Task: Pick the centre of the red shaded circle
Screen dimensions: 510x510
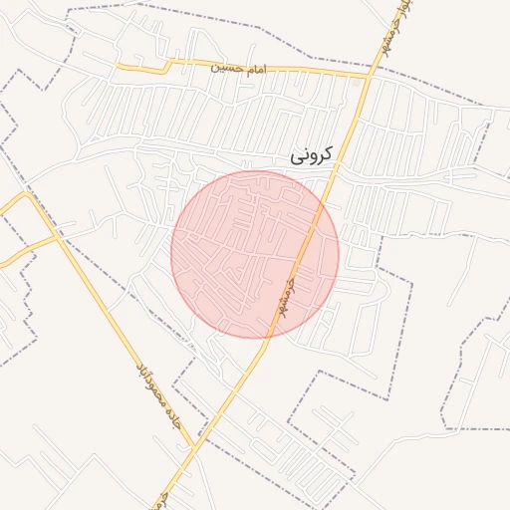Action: (255, 254)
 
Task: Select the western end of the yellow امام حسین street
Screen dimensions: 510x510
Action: (118, 67)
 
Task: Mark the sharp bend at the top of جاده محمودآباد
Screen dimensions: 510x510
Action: (29, 196)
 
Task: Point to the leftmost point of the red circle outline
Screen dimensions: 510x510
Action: (171, 254)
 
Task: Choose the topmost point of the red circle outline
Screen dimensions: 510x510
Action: (255, 170)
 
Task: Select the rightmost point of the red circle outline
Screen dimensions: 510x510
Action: (339, 254)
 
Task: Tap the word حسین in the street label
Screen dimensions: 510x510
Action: (224, 68)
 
